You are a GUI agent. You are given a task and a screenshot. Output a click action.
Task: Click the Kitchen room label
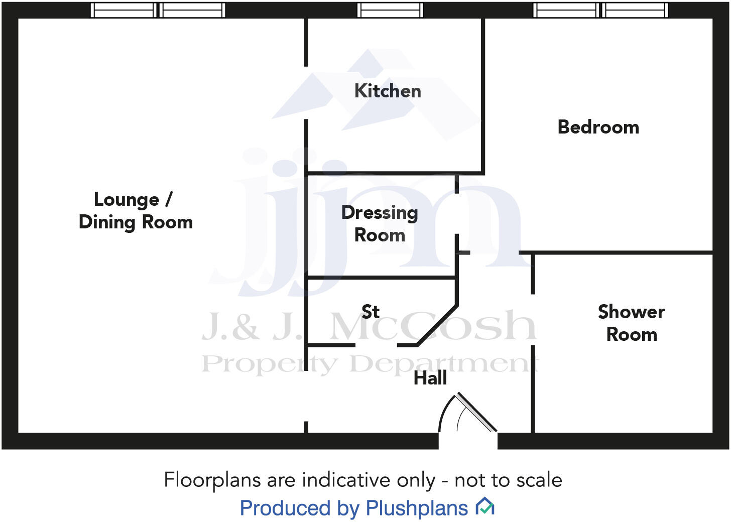(388, 91)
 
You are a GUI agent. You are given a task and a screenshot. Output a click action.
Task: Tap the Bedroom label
(598, 127)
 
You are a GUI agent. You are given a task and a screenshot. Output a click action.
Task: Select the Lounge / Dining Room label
(136, 211)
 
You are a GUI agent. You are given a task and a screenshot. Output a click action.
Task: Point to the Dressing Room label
(380, 223)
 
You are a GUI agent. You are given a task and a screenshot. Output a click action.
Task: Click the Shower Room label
(632, 323)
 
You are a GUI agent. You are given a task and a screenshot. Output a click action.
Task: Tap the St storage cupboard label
(371, 312)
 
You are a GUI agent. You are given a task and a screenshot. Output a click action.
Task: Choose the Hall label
(430, 378)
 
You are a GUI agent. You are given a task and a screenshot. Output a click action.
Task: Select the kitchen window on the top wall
(390, 10)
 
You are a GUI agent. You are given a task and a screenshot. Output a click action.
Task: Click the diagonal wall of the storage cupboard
(437, 325)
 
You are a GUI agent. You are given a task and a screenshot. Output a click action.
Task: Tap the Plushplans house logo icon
(485, 506)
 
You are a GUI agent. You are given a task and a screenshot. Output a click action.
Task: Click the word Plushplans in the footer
(417, 508)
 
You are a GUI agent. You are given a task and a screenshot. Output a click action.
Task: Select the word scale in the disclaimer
(539, 480)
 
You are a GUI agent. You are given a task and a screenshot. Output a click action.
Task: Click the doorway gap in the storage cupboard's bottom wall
(377, 345)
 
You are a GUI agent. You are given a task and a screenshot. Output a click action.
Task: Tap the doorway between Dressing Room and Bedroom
(457, 214)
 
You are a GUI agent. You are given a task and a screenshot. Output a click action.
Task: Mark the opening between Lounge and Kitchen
(306, 93)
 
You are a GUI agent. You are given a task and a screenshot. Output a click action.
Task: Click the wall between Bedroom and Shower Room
(623, 252)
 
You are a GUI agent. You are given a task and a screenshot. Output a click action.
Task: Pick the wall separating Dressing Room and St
(382, 277)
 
